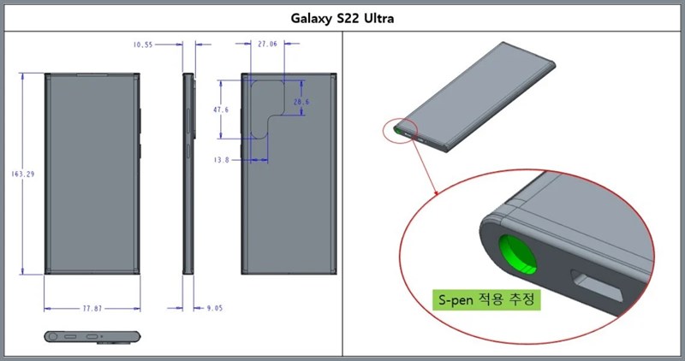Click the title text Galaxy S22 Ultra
[342, 16]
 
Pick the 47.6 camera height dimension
[221, 110]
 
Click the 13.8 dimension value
[221, 160]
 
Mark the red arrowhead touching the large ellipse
[438, 195]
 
